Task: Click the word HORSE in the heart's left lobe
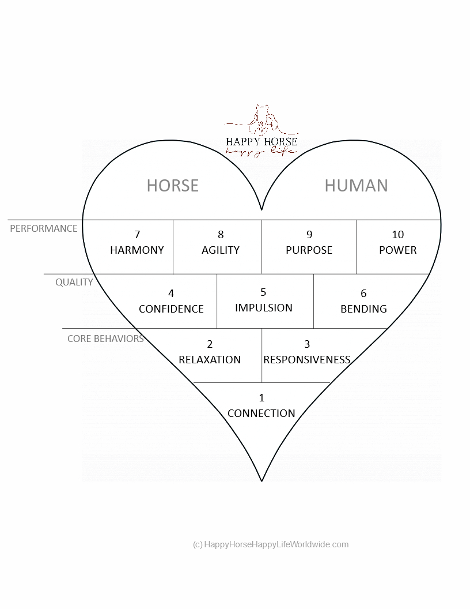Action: point(172,185)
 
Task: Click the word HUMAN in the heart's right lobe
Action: point(356,185)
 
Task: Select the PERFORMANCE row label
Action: point(44,228)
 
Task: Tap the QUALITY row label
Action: point(74,282)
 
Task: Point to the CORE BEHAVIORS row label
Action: point(105,339)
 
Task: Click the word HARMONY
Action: point(137,250)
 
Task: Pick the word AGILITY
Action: point(221,250)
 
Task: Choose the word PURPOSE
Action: point(309,250)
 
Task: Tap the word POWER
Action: point(398,250)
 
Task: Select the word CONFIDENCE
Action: point(171,309)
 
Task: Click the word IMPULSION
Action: point(264,308)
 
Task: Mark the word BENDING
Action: point(363,309)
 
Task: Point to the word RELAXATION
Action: point(210,360)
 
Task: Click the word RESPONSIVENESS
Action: point(307,360)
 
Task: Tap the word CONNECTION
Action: point(261,413)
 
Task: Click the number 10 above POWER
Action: point(398,235)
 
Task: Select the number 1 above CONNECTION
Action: point(261,398)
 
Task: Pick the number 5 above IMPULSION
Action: point(264,292)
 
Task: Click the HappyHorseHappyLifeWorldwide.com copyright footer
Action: point(271,544)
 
